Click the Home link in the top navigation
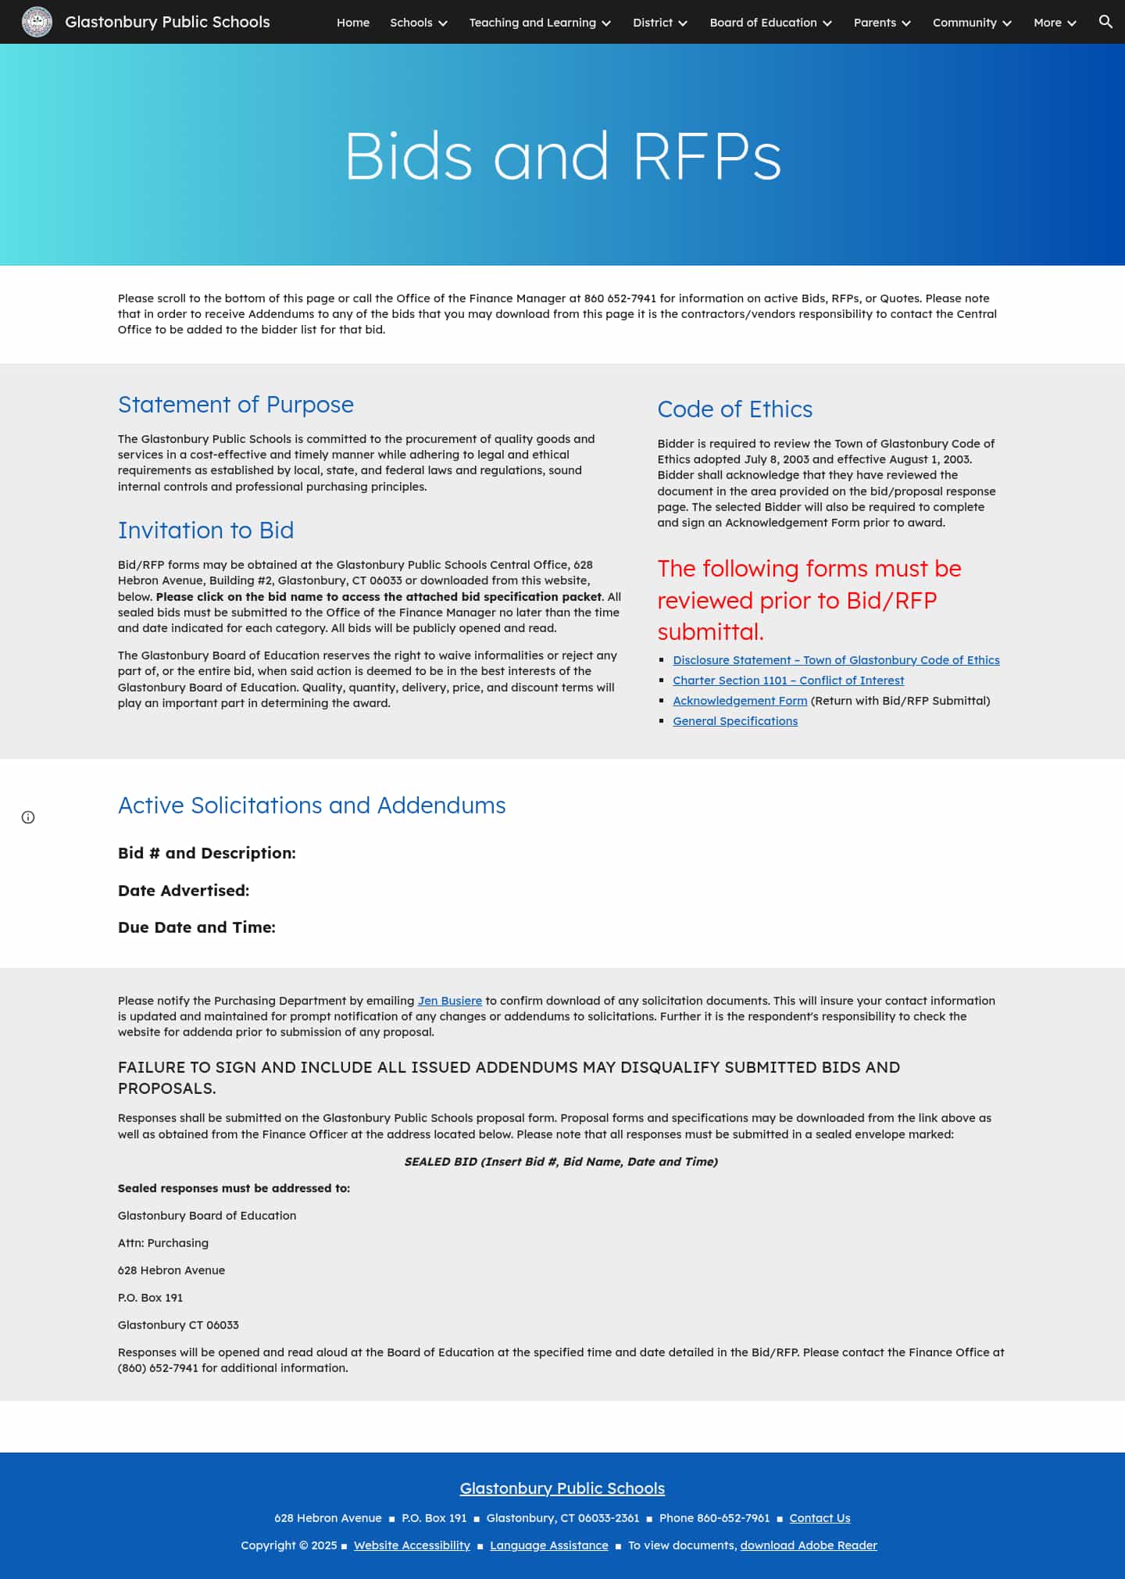[352, 23]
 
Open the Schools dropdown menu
[418, 23]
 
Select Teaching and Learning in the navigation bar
[539, 23]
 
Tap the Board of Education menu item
[770, 23]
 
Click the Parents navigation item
[881, 23]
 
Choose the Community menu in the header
[971, 23]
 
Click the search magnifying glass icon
[1105, 22]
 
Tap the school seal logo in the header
[37, 22]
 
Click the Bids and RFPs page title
[562, 155]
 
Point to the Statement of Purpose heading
[235, 405]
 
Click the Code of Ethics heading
[734, 409]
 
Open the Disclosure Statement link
[836, 660]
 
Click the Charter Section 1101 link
[788, 681]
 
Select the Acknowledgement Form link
[740, 701]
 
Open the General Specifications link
[735, 721]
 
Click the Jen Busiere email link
[450, 1001]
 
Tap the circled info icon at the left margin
[28, 817]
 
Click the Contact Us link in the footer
[820, 1518]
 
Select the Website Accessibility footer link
[412, 1545]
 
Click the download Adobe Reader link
[809, 1545]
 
